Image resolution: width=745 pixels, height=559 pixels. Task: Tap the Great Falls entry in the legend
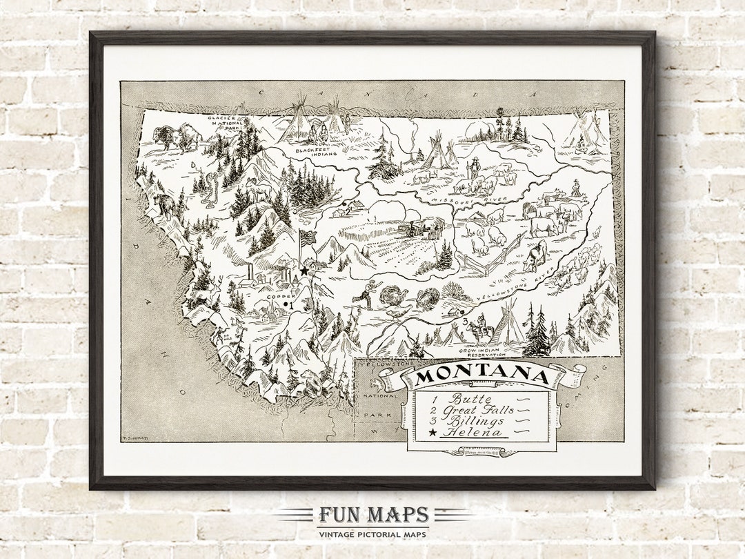pyautogui.click(x=482, y=409)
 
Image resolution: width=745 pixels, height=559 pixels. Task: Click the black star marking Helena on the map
pyautogui.click(x=304, y=271)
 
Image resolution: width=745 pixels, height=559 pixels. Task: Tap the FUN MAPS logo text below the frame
pyautogui.click(x=373, y=516)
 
